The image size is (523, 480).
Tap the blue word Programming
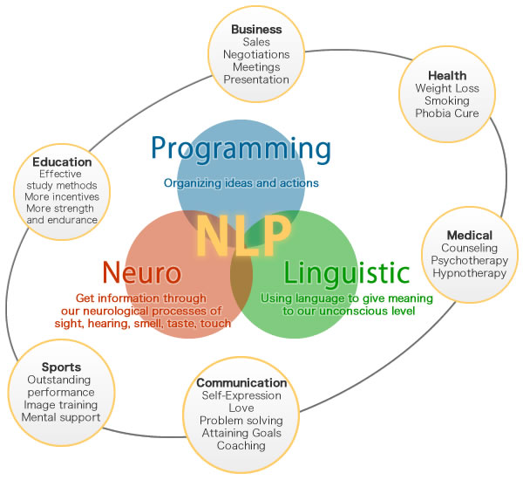pyautogui.click(x=241, y=147)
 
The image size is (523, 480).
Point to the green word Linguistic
pyautogui.click(x=346, y=273)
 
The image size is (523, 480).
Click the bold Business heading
pyautogui.click(x=256, y=29)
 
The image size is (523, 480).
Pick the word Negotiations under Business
pyautogui.click(x=256, y=54)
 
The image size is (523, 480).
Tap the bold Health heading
pyautogui.click(x=447, y=76)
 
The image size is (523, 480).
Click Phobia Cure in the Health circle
pyautogui.click(x=447, y=113)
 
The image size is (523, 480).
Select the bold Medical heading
pyautogui.click(x=469, y=236)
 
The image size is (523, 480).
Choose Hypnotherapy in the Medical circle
pyautogui.click(x=469, y=273)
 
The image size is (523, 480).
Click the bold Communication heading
pyautogui.click(x=241, y=383)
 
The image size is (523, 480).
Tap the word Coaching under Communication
pyautogui.click(x=241, y=445)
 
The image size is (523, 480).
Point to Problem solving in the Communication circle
pyautogui.click(x=241, y=421)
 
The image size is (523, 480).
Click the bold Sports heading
pyautogui.click(x=61, y=367)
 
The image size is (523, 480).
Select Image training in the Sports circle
pyautogui.click(x=61, y=405)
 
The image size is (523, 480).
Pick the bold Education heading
pyautogui.click(x=62, y=161)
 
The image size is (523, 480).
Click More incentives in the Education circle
pyautogui.click(x=62, y=197)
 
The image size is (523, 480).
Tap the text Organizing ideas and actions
pyautogui.click(x=241, y=183)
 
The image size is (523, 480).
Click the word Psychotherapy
pyautogui.click(x=469, y=260)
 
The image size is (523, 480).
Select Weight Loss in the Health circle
pyautogui.click(x=447, y=88)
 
